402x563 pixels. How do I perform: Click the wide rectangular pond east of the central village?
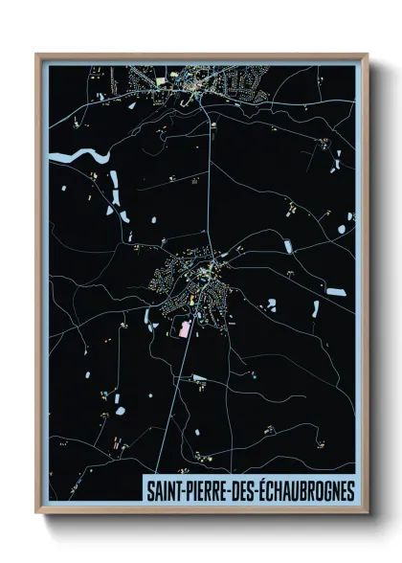point(334,290)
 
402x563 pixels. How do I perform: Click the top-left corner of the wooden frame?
point(37,55)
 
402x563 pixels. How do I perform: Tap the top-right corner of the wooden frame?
point(367,55)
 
